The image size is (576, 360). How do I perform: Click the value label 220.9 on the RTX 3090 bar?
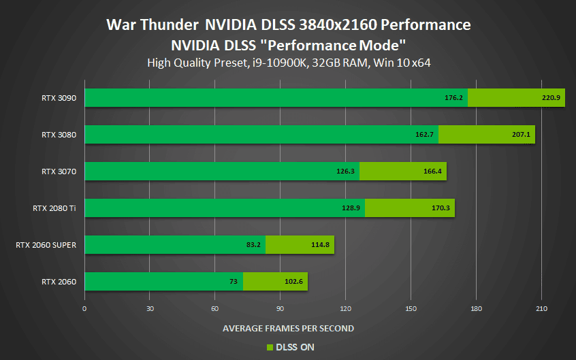(550, 98)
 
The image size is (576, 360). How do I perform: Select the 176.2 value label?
(453, 98)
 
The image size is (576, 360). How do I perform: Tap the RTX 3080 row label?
(59, 135)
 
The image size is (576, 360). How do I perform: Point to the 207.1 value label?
(521, 135)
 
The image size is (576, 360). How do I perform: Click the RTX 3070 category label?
(59, 171)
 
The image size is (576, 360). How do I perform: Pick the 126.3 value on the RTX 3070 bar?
(346, 171)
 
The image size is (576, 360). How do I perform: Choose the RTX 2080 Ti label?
(54, 208)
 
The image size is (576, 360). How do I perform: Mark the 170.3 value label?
(441, 208)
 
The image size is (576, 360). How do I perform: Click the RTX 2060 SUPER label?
(46, 245)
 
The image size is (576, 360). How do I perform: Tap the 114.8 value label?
(321, 245)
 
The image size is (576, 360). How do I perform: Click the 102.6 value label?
(294, 282)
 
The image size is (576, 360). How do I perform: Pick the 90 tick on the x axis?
(280, 309)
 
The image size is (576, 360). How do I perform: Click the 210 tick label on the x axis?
(541, 309)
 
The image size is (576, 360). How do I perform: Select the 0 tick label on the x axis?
(84, 309)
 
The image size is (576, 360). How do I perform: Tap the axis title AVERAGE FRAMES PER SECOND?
(288, 328)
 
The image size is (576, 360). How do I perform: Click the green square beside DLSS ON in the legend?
(269, 347)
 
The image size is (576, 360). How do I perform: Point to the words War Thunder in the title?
(152, 25)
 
